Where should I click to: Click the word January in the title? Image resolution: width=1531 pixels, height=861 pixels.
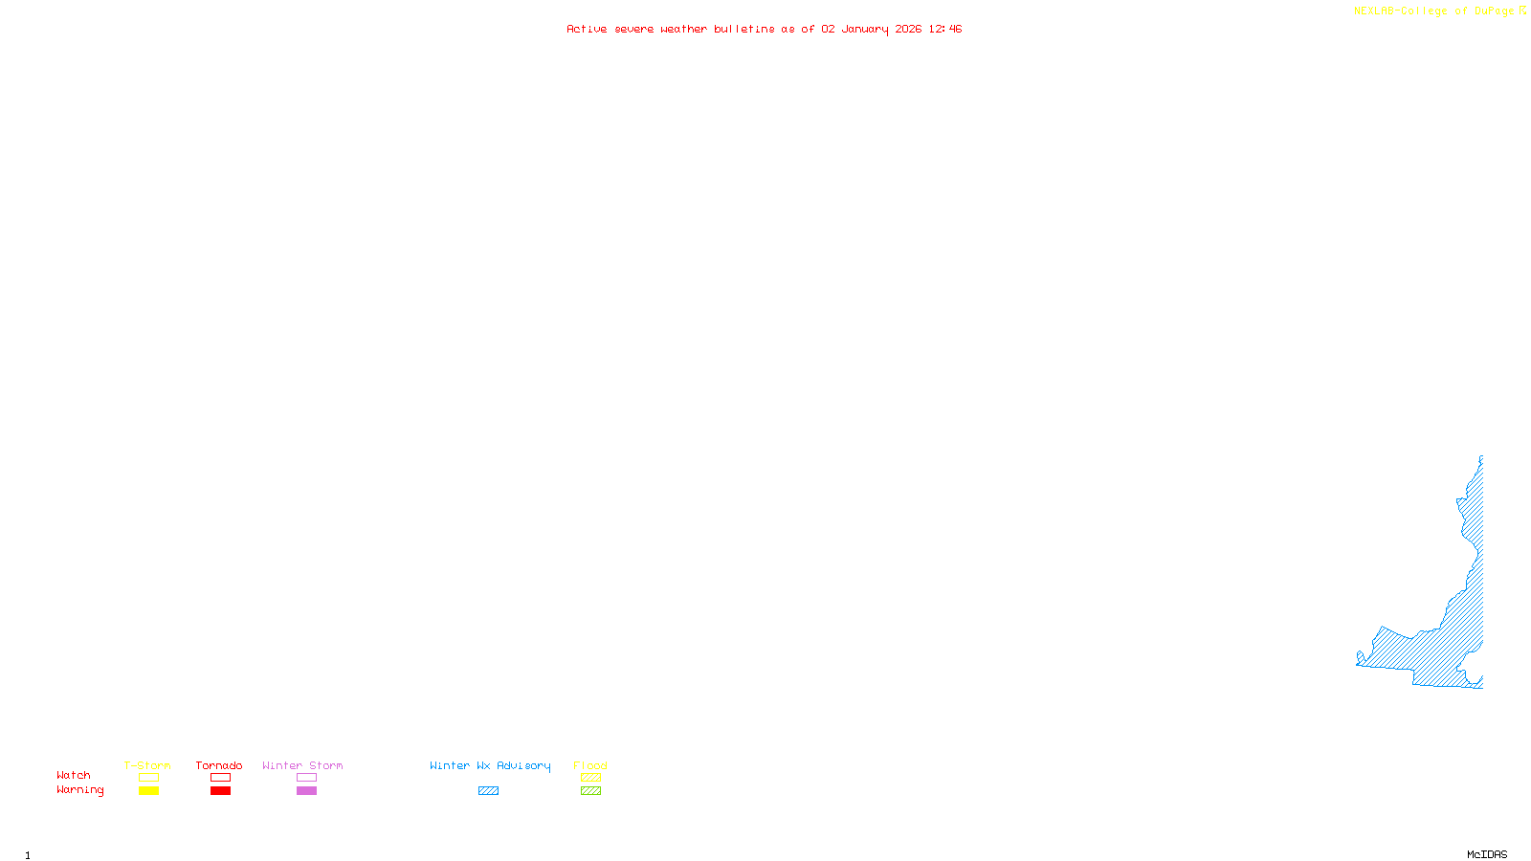[x=864, y=29]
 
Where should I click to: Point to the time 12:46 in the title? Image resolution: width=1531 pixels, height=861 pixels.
[x=944, y=29]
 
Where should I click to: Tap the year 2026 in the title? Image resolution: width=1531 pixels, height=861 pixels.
[x=908, y=29]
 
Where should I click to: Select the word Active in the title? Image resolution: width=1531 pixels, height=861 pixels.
[x=587, y=29]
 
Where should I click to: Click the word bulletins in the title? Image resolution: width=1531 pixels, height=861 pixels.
[x=744, y=29]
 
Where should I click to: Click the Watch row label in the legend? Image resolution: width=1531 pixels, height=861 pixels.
[x=74, y=776]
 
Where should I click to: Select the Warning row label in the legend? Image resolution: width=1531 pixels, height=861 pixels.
[x=79, y=790]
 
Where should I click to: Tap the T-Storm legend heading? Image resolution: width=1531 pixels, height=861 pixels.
[x=147, y=765]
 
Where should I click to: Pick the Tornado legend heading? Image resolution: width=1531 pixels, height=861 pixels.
[x=219, y=765]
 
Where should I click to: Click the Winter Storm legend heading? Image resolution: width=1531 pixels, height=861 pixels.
[x=302, y=765]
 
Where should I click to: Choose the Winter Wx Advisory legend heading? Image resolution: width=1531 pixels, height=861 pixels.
[x=490, y=765]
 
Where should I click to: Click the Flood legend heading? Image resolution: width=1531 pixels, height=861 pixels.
[x=590, y=765]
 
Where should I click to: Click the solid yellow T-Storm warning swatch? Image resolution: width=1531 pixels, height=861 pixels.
[x=148, y=791]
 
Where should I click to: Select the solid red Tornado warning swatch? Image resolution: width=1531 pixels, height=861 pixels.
[x=220, y=791]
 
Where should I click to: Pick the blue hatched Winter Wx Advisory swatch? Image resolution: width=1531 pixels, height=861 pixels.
[x=488, y=791]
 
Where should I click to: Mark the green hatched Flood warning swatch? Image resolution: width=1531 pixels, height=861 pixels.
[x=590, y=791]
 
